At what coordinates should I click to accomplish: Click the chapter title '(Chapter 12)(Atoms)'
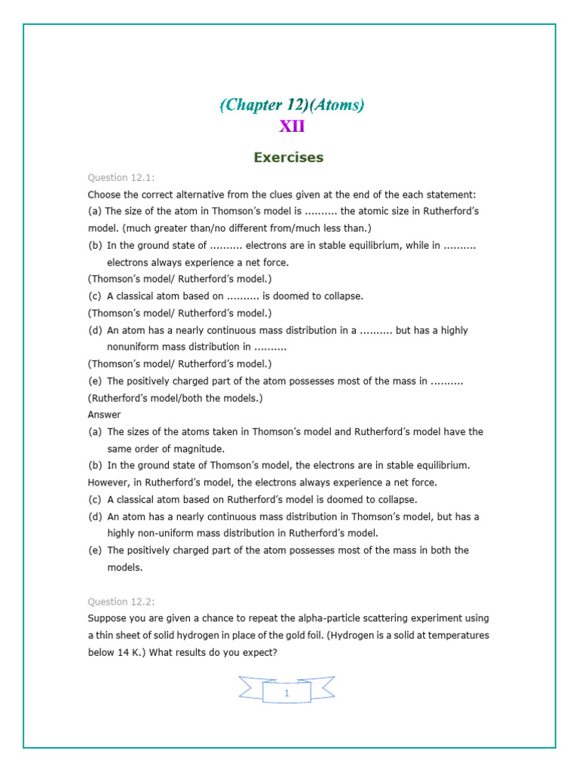(292, 106)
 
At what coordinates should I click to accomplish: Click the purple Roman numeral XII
(292, 127)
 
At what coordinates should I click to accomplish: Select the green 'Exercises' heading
(289, 158)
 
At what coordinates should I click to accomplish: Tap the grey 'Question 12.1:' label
(121, 177)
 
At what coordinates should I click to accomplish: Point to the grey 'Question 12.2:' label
(121, 602)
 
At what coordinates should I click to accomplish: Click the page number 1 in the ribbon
(286, 693)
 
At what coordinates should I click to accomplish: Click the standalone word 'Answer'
(104, 415)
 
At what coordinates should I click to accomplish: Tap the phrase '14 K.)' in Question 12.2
(129, 652)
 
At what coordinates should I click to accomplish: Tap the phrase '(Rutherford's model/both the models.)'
(176, 398)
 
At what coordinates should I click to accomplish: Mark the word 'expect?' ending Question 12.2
(260, 652)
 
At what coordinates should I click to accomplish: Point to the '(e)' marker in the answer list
(95, 550)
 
